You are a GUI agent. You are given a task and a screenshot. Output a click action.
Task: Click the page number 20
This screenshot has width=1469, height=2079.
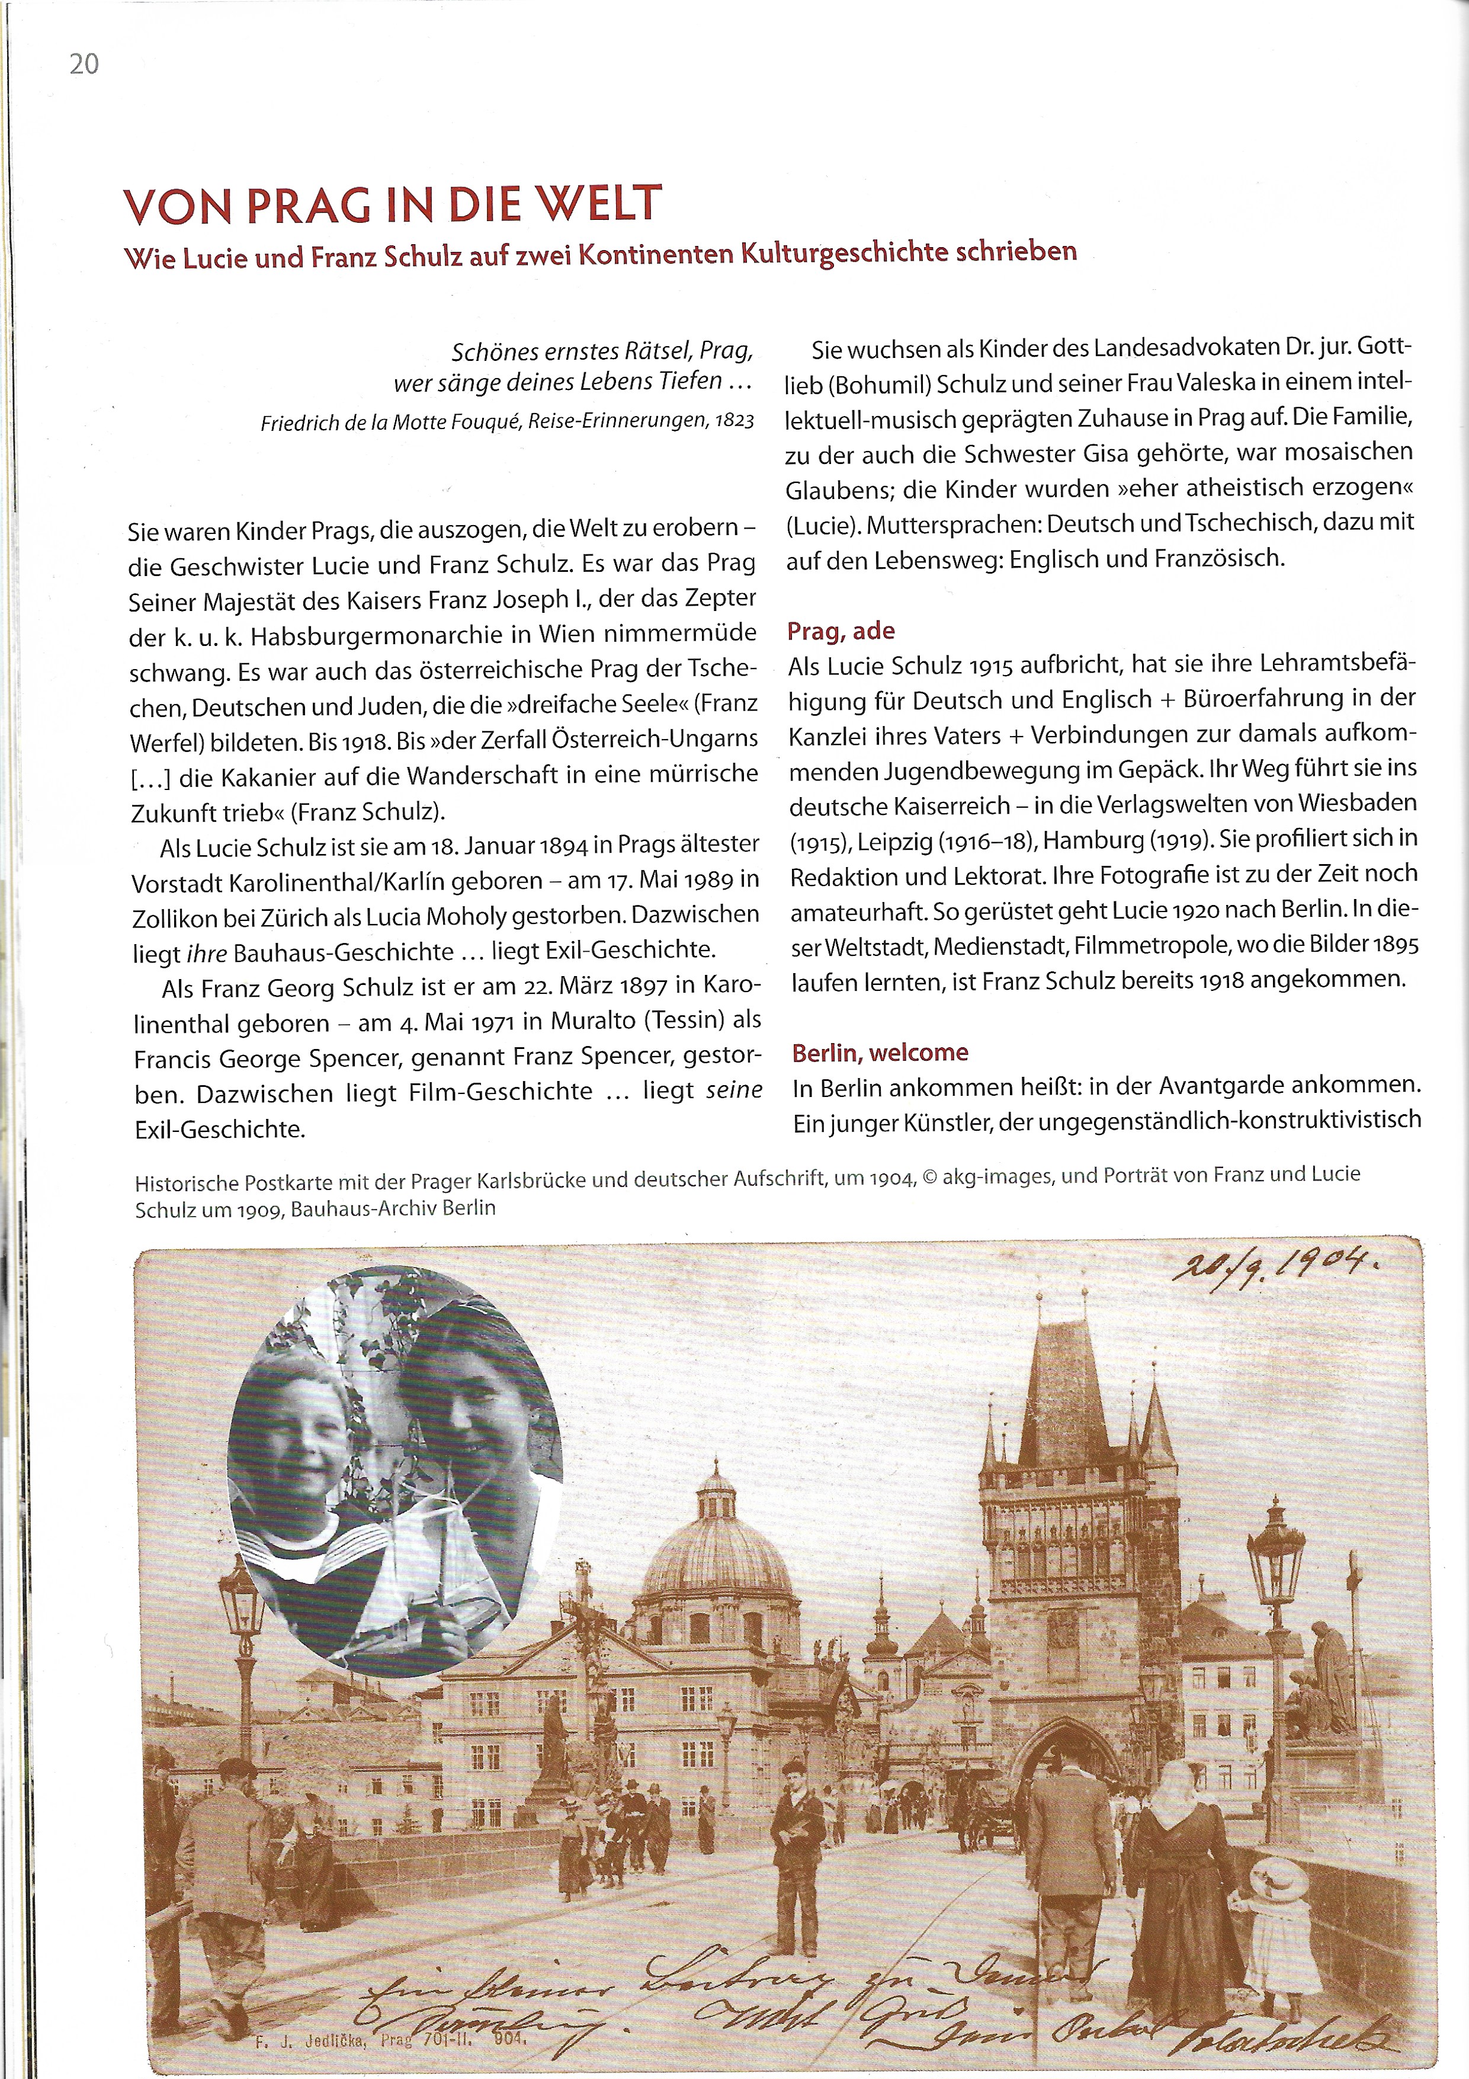[84, 64]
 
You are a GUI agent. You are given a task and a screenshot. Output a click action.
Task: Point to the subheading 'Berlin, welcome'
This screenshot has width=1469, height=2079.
[880, 1052]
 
